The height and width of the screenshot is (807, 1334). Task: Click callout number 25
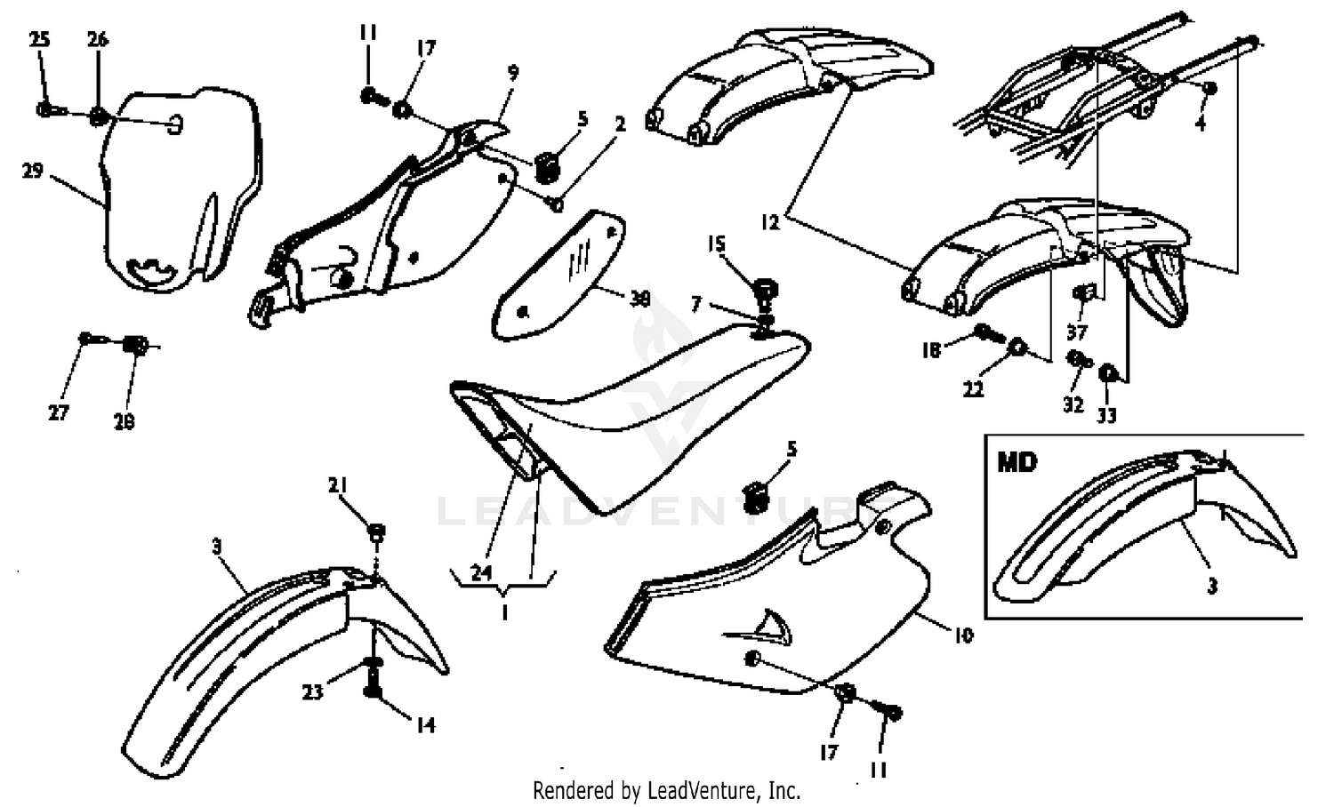(39, 39)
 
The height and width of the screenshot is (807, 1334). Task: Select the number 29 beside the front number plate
(33, 171)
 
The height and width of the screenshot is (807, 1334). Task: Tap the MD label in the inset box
(1017, 462)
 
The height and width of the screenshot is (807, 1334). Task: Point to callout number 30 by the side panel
(639, 300)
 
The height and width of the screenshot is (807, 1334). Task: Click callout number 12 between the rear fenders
(771, 222)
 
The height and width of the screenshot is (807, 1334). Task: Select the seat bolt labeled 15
(763, 289)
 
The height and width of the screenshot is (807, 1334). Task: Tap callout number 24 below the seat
(481, 572)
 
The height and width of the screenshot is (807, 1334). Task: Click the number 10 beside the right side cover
(963, 635)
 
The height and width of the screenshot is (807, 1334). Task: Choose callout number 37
(1077, 332)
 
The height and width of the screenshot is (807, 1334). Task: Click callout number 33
(1106, 415)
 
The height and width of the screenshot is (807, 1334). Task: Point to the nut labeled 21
(376, 532)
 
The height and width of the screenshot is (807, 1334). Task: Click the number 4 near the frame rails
(1200, 124)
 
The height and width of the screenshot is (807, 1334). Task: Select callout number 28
(124, 422)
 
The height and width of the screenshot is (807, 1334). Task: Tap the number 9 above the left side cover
(513, 73)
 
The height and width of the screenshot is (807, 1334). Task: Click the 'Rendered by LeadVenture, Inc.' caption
(666, 789)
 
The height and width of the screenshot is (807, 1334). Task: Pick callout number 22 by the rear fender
(974, 388)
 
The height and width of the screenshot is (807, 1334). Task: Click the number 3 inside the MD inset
(1212, 586)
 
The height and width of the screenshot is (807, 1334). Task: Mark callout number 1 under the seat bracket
(504, 612)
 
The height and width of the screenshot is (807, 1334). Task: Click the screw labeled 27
(87, 339)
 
